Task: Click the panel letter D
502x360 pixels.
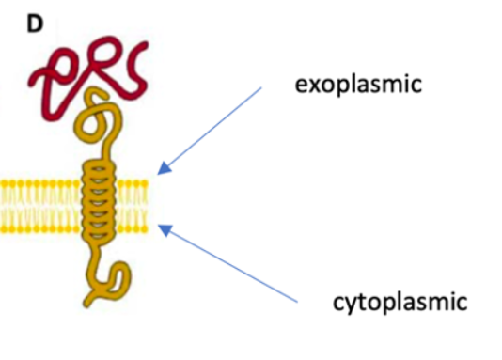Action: (35, 23)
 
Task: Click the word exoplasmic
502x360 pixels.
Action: (358, 86)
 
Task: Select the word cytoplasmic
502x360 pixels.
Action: (400, 303)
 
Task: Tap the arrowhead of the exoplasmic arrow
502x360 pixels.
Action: (162, 170)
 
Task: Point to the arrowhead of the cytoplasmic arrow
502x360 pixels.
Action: (162, 226)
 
